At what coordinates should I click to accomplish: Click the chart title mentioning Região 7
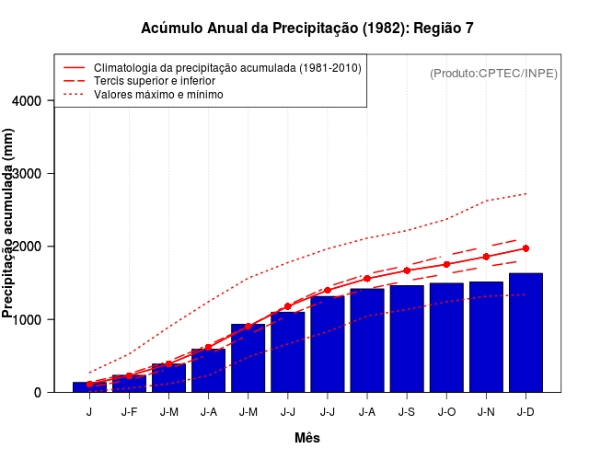tap(307, 28)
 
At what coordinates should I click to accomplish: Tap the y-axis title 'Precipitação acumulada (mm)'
tap(9, 224)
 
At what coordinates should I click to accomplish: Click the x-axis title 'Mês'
tap(307, 438)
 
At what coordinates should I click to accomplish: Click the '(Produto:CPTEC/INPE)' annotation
tap(493, 73)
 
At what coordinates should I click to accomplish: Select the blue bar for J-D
tap(525, 332)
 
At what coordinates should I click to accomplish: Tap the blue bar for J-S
tap(407, 339)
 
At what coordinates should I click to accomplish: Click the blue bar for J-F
tap(129, 383)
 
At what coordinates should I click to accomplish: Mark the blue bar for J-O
tap(446, 338)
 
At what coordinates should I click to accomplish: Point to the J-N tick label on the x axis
tap(486, 412)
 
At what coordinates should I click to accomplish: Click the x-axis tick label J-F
tap(129, 412)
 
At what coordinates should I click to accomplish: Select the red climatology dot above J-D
tap(525, 248)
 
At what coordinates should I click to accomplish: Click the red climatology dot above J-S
tap(407, 270)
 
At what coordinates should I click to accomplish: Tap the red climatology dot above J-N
tap(486, 257)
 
